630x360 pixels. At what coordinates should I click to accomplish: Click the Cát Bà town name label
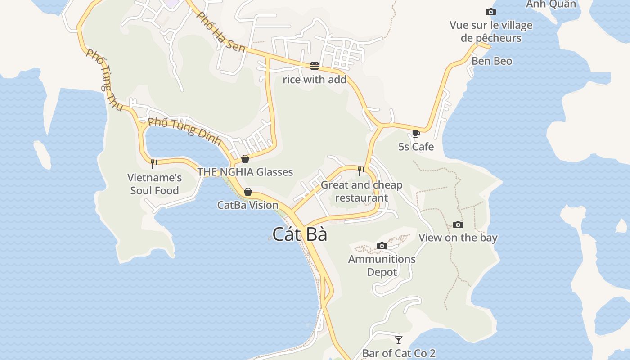(x=299, y=234)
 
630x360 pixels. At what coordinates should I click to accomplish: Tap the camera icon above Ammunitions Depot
(x=382, y=246)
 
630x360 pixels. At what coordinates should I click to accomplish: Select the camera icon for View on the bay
(x=458, y=225)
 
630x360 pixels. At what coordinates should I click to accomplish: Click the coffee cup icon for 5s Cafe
(x=416, y=134)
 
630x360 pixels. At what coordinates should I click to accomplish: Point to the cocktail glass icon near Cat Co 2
(x=398, y=340)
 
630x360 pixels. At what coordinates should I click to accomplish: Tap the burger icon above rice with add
(x=315, y=66)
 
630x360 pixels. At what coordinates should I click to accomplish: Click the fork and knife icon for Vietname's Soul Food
(x=154, y=164)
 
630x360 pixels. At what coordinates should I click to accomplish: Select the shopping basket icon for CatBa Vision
(x=247, y=192)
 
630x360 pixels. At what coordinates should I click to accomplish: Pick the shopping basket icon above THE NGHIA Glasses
(x=245, y=158)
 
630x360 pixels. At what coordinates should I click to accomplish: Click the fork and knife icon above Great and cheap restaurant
(x=361, y=171)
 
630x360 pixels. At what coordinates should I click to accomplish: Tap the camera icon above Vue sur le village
(x=490, y=12)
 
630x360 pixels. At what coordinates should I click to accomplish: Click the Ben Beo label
(x=491, y=61)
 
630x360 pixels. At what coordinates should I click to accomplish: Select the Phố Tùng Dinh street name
(x=185, y=130)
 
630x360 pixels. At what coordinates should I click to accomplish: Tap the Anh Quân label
(x=551, y=4)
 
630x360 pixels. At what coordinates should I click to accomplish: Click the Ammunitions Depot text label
(x=382, y=265)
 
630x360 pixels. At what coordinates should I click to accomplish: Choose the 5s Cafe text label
(x=416, y=147)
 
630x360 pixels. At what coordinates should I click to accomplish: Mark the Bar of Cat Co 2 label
(x=399, y=353)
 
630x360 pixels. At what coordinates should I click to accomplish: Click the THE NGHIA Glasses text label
(x=245, y=172)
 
